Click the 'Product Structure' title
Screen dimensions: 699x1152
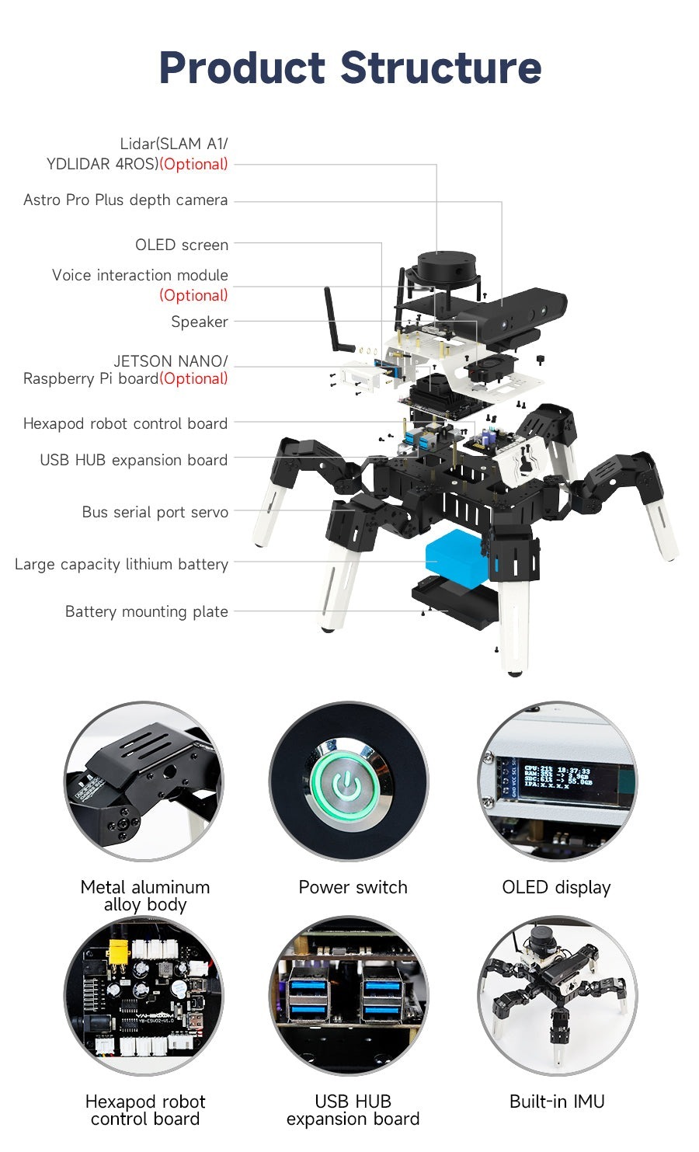pos(349,68)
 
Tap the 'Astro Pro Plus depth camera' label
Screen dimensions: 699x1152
pos(126,200)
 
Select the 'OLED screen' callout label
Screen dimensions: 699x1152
pos(182,245)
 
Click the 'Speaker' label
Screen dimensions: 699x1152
pos(200,322)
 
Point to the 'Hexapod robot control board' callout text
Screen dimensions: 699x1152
pos(126,423)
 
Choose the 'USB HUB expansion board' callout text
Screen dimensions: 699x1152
pos(134,460)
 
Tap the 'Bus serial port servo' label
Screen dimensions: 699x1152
pos(155,512)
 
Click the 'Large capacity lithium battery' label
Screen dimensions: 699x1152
pos(122,565)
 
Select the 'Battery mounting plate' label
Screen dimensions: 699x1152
pos(147,611)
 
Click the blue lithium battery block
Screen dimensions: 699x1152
pos(455,557)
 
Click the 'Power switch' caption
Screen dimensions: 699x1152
pos(353,887)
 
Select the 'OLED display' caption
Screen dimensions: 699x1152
pos(556,887)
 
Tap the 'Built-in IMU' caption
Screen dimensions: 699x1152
pos(557,1102)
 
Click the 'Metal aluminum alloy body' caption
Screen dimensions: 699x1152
pos(145,896)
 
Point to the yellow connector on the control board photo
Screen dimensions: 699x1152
pos(118,951)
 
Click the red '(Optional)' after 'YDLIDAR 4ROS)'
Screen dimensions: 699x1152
pos(193,164)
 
